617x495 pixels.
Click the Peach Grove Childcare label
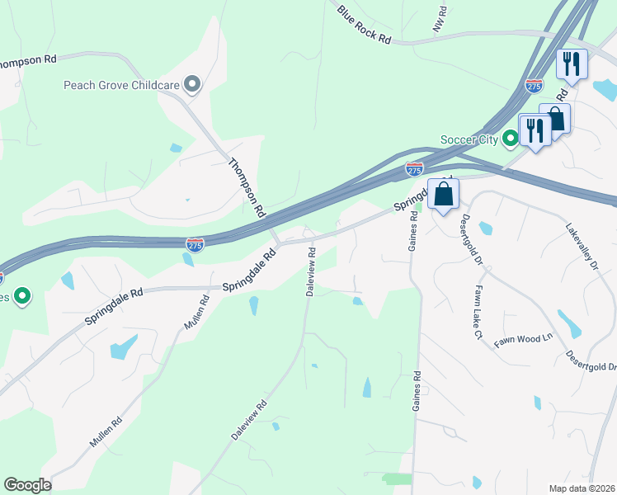coord(123,84)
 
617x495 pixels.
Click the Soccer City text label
coord(470,139)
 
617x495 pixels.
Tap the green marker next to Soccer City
coord(511,139)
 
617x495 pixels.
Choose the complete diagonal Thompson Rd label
coord(247,187)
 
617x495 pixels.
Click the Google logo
coord(27,485)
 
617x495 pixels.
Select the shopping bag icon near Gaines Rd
coord(444,195)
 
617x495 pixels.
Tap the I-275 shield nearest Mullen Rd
coord(195,244)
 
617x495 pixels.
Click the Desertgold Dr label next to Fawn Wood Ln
coord(591,361)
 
